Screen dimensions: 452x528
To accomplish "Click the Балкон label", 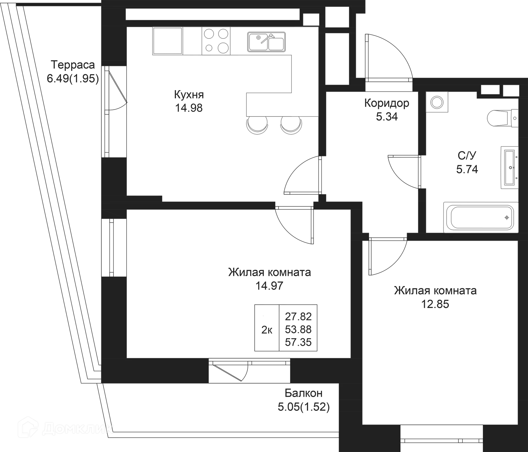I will point(303,393).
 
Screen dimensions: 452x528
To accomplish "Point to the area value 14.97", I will point(269,286).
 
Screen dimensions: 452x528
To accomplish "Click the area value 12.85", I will point(436,304).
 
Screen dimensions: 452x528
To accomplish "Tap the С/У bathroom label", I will point(467,155).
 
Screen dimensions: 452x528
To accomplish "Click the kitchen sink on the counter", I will point(266,42).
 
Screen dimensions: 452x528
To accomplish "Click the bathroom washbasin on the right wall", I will point(509,168).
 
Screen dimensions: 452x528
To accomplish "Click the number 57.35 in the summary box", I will point(298,342).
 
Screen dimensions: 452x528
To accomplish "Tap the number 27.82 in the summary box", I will point(298,316).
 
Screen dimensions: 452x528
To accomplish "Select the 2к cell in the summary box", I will point(266,329).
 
